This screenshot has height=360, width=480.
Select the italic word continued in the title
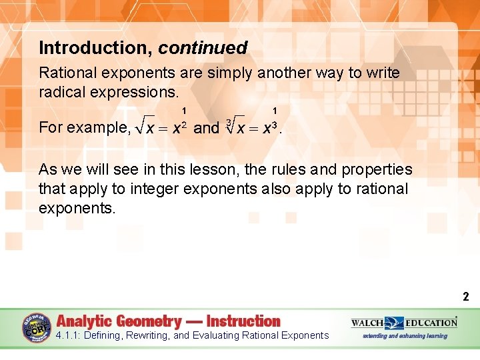coord(203,48)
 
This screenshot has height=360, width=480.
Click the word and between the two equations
coord(206,127)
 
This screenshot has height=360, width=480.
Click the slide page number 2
coord(466,297)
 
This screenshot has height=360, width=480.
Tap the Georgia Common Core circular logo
coord(37,328)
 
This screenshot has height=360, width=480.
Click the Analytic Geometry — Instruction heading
coord(169,321)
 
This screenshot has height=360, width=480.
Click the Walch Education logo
coord(404,323)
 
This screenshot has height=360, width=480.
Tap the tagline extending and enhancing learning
coord(405,336)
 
